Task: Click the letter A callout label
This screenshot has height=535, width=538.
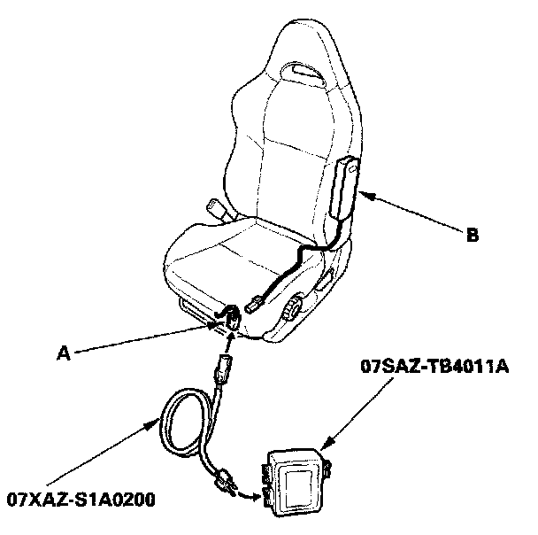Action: pyautogui.click(x=63, y=352)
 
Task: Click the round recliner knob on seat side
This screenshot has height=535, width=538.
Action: pyautogui.click(x=292, y=310)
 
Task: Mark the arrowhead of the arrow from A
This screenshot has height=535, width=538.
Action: pyautogui.click(x=220, y=323)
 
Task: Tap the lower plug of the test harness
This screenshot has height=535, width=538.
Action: pyautogui.click(x=227, y=482)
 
